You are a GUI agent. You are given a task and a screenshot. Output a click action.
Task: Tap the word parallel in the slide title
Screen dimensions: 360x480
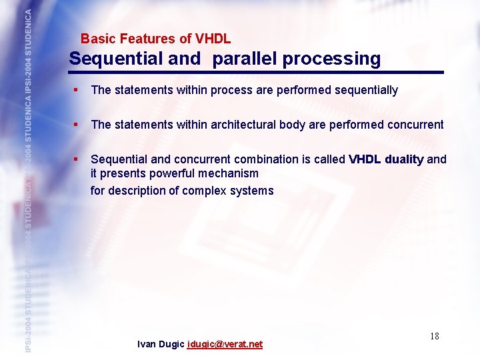[x=245, y=59]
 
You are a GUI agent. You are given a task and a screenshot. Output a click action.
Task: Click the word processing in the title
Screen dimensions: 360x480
[x=331, y=59]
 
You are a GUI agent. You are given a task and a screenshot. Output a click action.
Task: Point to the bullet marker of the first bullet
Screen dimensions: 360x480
[x=77, y=90]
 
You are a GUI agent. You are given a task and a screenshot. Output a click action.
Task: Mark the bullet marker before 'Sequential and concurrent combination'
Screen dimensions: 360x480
[x=77, y=159]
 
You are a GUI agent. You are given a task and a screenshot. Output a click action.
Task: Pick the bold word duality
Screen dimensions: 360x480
[x=403, y=159]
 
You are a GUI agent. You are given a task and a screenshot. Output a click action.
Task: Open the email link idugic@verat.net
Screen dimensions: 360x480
[x=225, y=345]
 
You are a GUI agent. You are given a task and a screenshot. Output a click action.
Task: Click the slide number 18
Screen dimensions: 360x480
[x=434, y=336]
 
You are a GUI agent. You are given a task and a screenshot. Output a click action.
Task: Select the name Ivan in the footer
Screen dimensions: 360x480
[x=147, y=345]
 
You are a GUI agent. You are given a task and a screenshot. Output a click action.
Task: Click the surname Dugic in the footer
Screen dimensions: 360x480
[x=172, y=345]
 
